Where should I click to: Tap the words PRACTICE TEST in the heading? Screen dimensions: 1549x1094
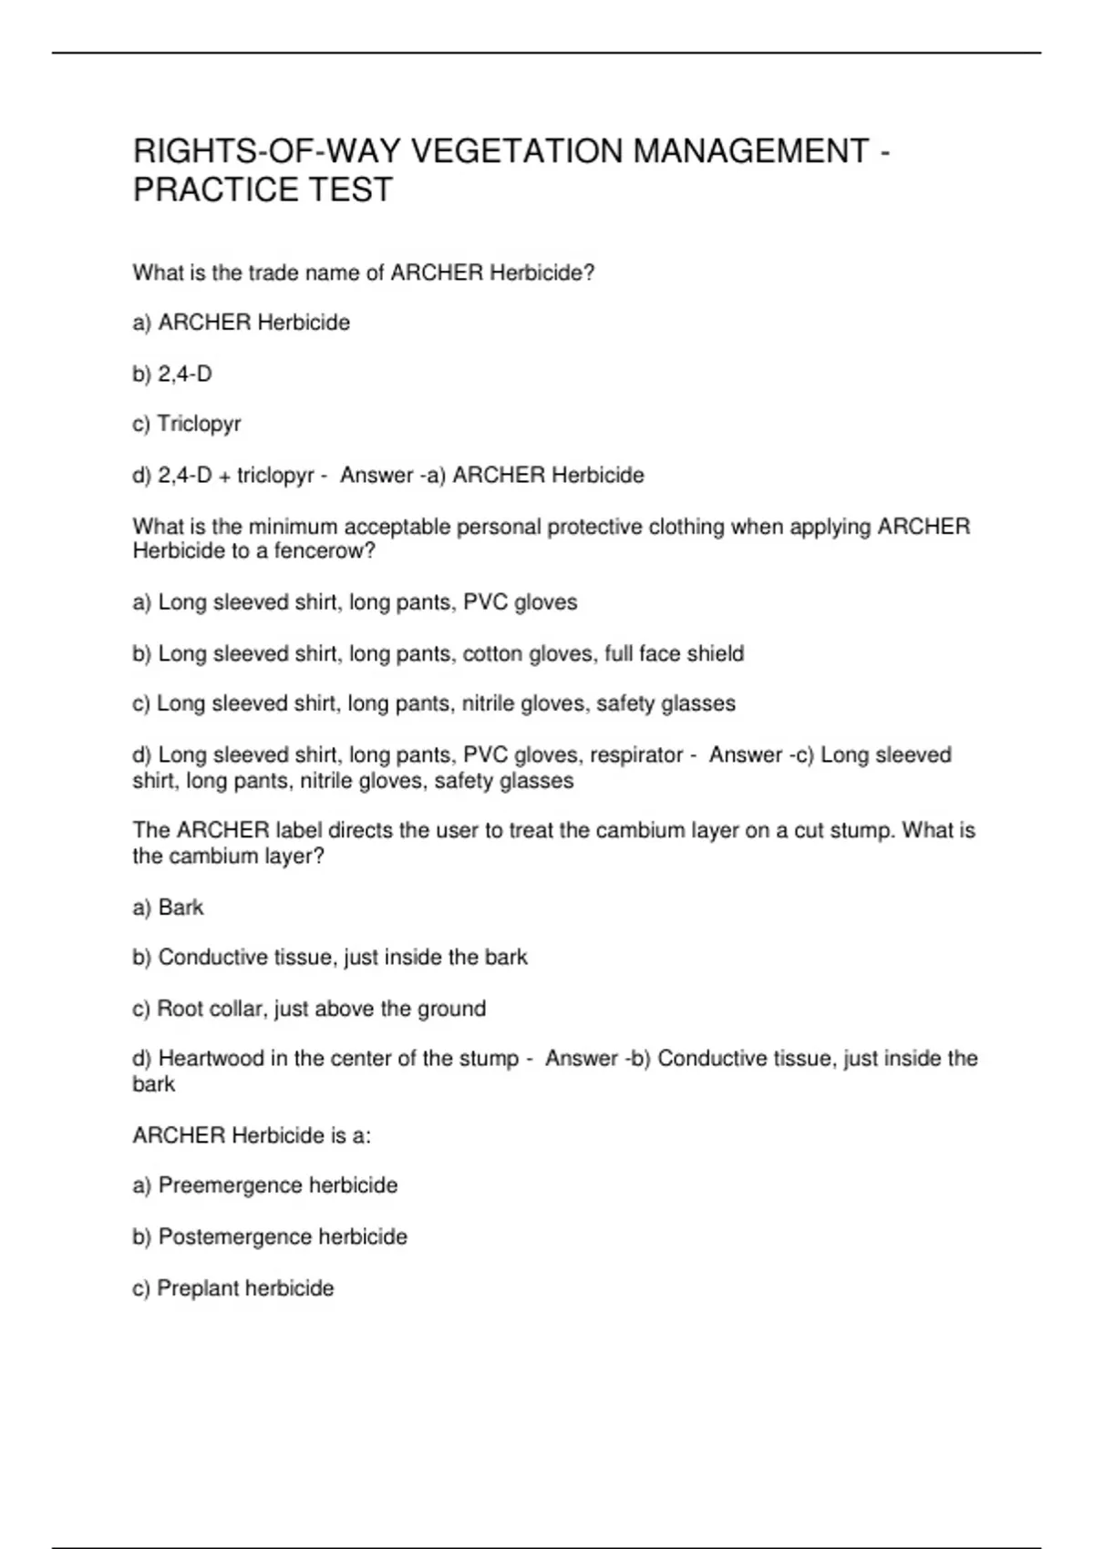click(263, 190)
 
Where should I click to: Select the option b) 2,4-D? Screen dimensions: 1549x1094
click(172, 374)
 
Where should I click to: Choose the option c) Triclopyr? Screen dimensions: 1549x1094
click(187, 424)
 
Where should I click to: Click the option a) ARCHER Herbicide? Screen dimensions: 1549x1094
click(242, 323)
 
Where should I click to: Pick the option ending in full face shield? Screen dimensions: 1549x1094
click(439, 653)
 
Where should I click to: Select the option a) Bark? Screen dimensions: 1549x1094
click(169, 908)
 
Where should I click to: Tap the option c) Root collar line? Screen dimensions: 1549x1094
click(309, 1009)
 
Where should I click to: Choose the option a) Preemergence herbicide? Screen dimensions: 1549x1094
click(265, 1185)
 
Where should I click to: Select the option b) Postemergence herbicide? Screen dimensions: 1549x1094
click(270, 1236)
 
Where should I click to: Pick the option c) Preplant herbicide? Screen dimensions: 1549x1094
click(233, 1288)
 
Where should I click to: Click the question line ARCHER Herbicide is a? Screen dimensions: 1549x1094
click(252, 1135)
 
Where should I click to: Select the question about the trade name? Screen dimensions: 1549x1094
click(364, 272)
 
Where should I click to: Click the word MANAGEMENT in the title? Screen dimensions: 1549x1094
click(751, 151)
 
